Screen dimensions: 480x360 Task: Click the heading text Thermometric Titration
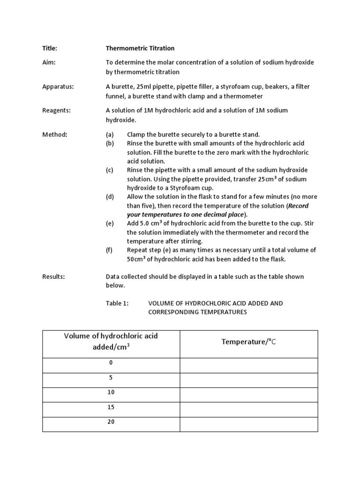click(140, 48)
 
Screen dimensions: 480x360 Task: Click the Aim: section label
click(49, 63)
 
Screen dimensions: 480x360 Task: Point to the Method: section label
click(55, 135)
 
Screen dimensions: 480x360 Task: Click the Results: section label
click(53, 277)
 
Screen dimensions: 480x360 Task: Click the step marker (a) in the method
click(110, 135)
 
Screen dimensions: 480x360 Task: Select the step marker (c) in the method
click(110, 170)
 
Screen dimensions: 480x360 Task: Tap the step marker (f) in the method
click(110, 250)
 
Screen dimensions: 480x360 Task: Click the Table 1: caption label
click(117, 303)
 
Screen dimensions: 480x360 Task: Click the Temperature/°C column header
click(249, 342)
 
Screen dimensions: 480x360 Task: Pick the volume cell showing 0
click(111, 363)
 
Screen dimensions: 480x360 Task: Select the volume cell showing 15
click(111, 407)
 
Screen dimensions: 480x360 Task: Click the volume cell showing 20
click(111, 422)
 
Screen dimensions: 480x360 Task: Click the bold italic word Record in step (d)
click(298, 206)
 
